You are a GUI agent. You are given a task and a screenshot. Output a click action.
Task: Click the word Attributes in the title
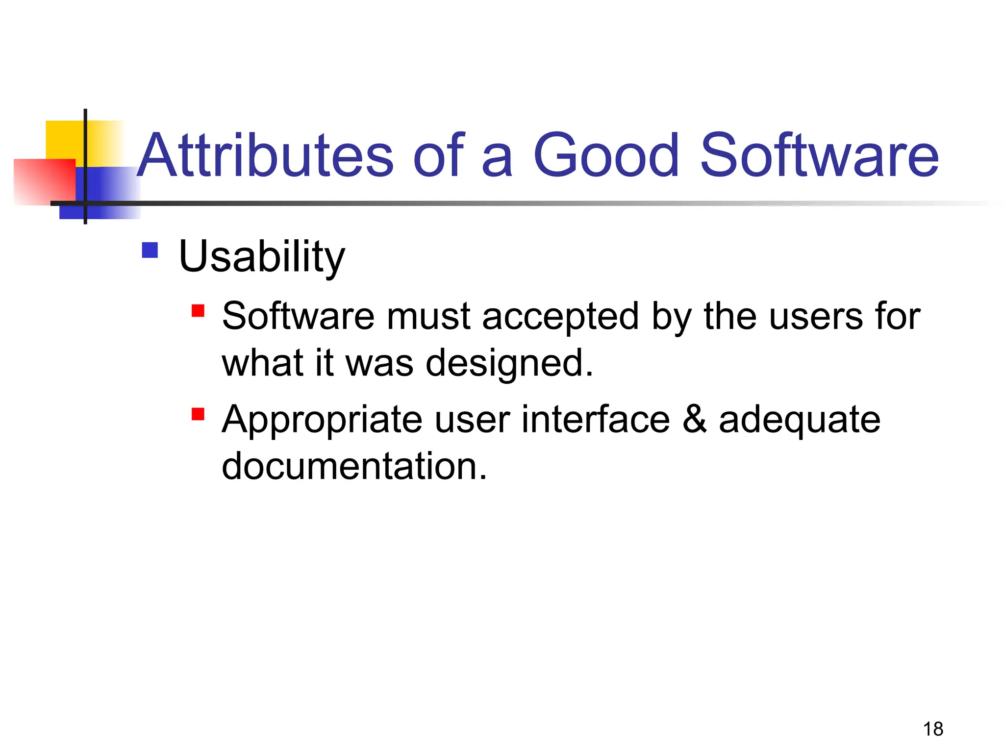point(265,155)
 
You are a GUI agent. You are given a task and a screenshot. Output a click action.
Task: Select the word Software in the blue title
point(819,155)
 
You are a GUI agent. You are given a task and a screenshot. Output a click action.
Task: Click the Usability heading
point(262,256)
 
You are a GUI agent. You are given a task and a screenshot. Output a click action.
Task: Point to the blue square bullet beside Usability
point(150,250)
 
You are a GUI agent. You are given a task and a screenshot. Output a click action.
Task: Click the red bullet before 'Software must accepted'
point(198,311)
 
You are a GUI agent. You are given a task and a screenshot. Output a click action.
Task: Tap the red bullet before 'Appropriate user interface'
point(198,414)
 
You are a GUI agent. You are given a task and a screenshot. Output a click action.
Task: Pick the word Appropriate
point(322,420)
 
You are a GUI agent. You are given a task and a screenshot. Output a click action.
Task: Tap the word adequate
point(800,420)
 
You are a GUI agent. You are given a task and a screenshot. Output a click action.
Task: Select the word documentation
point(354,466)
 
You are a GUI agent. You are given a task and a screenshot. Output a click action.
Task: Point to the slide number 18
point(933,729)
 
